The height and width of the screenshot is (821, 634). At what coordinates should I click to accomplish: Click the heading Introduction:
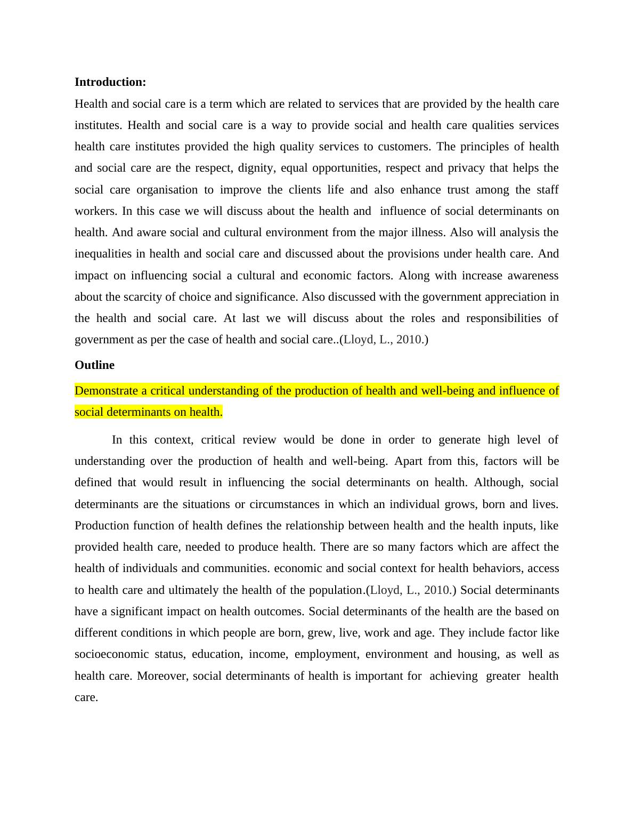pyautogui.click(x=110, y=82)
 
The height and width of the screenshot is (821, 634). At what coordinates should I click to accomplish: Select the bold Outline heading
pyautogui.click(x=94, y=365)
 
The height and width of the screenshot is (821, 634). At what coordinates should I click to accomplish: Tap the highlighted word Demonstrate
pyautogui.click(x=106, y=391)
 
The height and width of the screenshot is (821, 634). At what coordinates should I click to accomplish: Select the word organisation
pyautogui.click(x=167, y=190)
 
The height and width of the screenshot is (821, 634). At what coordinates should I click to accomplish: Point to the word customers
pyautogui.click(x=403, y=147)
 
